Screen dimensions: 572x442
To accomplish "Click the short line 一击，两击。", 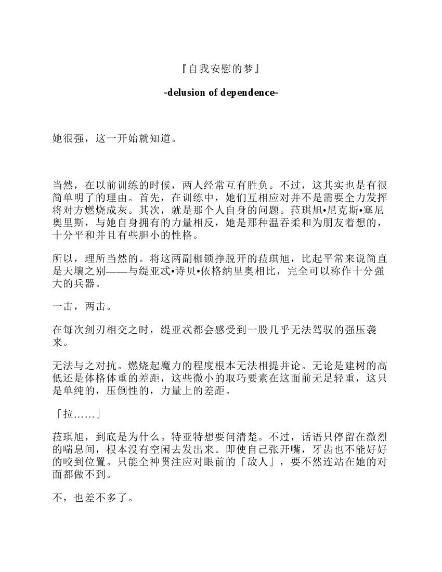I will pos(82,307).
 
